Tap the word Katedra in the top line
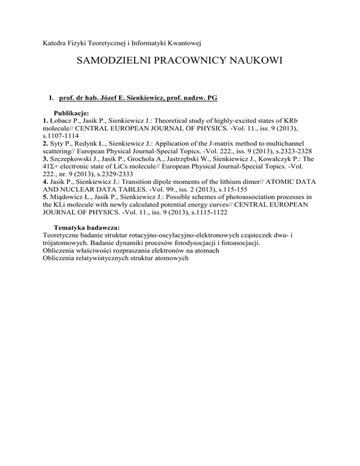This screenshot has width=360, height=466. pos(50,46)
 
